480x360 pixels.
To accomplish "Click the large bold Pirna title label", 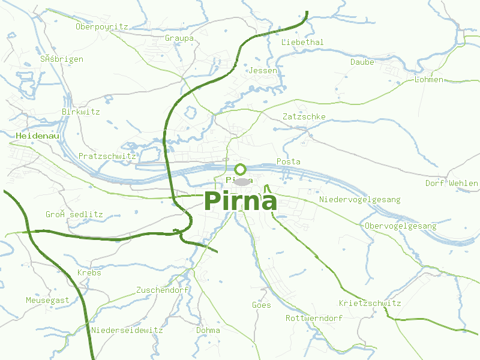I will (241, 201).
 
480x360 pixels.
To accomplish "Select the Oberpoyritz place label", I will (102, 26).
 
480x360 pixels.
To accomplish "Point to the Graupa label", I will (179, 38).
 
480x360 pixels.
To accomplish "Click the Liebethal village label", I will (302, 42).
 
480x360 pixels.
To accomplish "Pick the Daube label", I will (362, 62).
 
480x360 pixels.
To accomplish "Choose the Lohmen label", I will (429, 79).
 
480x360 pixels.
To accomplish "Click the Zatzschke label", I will (304, 116).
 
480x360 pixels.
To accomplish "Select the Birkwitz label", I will (80, 112).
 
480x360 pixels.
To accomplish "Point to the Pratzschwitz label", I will (107, 156).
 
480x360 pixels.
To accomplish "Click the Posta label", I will (289, 161).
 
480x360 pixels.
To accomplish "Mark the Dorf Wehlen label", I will (452, 183).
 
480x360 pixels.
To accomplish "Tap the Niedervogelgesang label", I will (360, 199).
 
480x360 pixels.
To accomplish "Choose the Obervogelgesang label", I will (401, 226).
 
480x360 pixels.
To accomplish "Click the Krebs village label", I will (89, 272).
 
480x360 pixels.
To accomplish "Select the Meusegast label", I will (47, 300).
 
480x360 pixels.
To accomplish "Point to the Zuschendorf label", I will (163, 290).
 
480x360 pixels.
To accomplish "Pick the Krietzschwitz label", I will (370, 303).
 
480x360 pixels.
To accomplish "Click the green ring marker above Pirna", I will (241, 169).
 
